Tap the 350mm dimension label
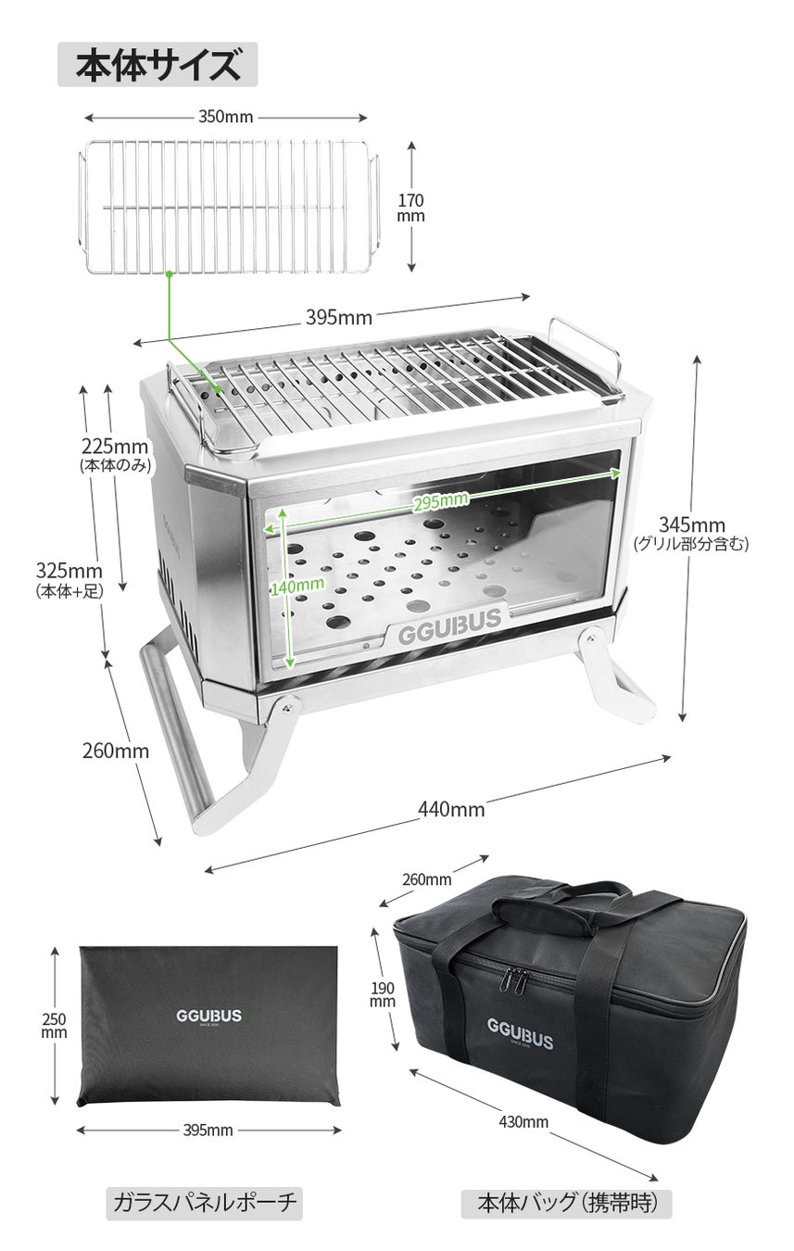coord(226,117)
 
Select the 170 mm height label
coord(410,208)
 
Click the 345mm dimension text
coord(691,525)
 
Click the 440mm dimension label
coord(451,809)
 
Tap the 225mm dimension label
coord(115,447)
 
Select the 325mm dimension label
coord(69,570)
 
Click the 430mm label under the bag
coord(523,1122)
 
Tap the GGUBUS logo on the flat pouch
coord(208,1016)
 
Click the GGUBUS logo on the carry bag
coord(521,1034)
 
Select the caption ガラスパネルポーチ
coord(205,1203)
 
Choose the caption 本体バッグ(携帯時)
coord(566,1203)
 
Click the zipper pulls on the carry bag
coord(514,982)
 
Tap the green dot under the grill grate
coord(170,273)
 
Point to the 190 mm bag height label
coord(383,993)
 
